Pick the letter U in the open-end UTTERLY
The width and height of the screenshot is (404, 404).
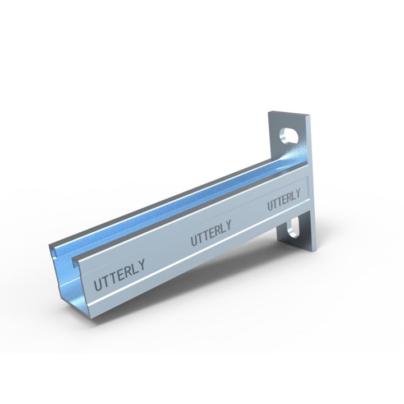(97, 284)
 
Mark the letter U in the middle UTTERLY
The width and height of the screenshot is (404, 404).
(194, 241)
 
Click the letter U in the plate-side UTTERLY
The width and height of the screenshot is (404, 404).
(270, 206)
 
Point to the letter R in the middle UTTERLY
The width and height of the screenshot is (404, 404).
(216, 230)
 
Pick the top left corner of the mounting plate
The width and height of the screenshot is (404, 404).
(268, 112)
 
